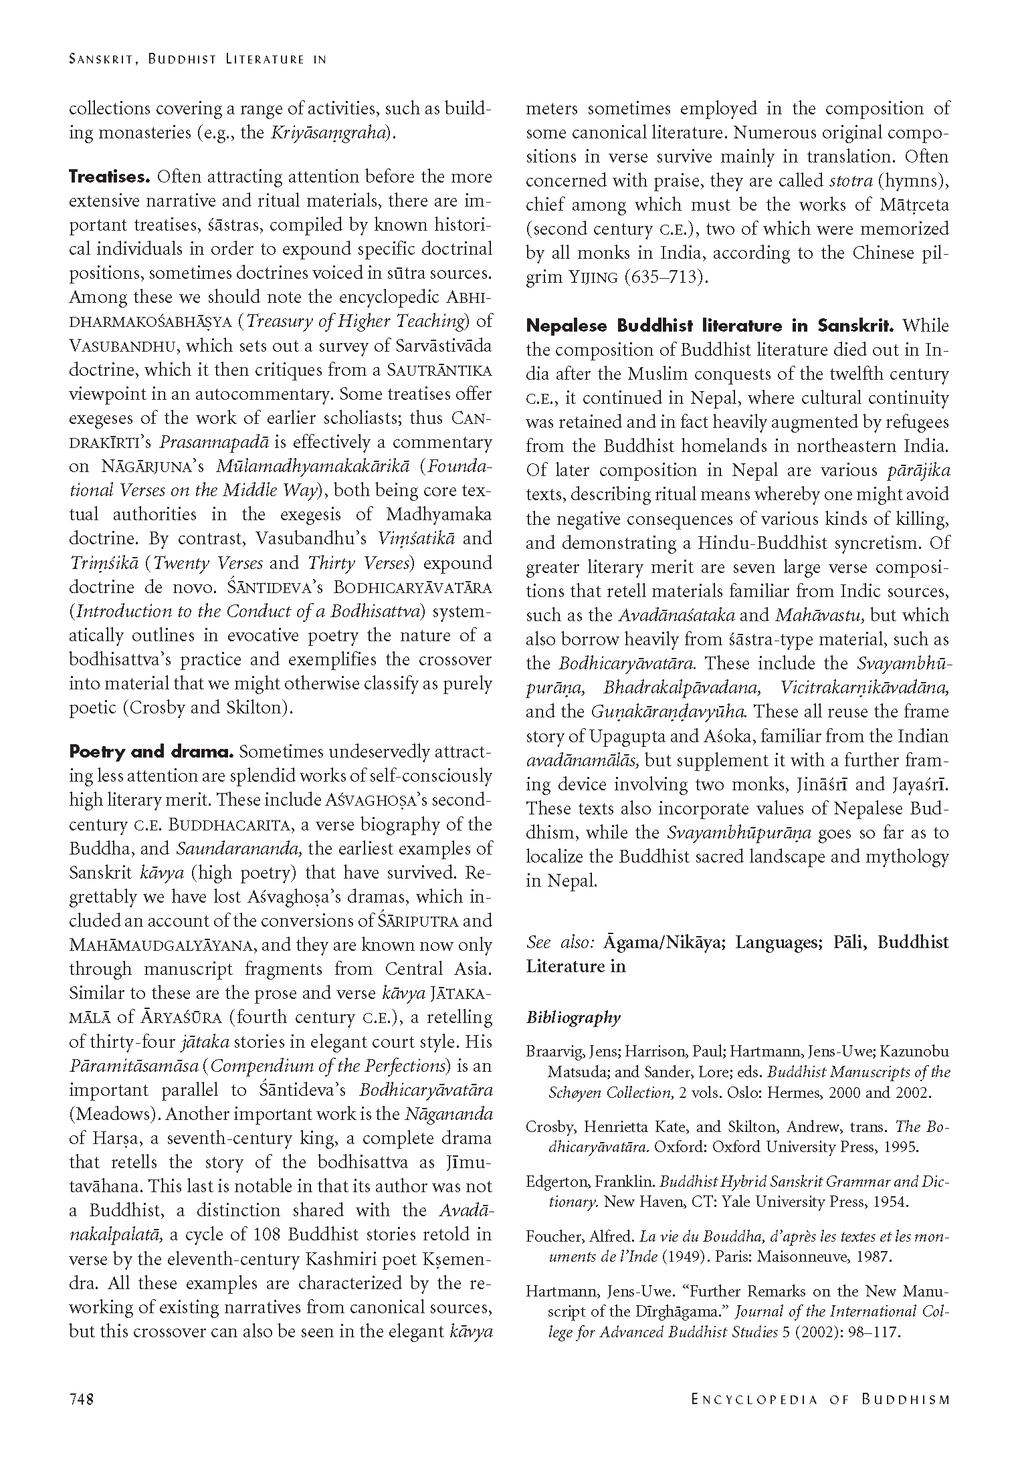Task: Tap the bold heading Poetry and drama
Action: pos(151,752)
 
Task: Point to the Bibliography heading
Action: pos(573,1018)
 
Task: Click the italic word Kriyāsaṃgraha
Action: pos(330,132)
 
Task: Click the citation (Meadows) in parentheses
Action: pos(104,1114)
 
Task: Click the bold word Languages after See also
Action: pos(778,943)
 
